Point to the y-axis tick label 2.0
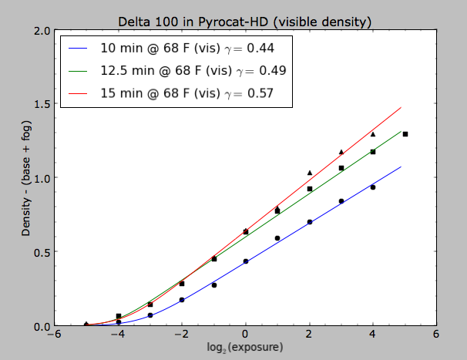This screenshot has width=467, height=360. pos(42,30)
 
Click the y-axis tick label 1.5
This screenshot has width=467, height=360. pos(42,104)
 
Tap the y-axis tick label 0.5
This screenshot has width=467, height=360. pos(42,252)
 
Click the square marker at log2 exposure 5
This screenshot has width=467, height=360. pos(405,134)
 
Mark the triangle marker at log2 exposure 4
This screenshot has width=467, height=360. pos(373,134)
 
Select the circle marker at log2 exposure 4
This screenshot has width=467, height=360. pos(373,187)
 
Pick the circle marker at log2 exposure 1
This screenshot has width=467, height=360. pos(277,238)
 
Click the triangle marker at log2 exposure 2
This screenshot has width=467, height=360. pos(309,173)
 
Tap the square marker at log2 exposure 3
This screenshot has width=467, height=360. pos(341,168)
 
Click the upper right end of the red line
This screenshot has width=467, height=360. pos(401,108)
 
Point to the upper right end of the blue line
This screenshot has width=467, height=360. pos(401,167)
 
